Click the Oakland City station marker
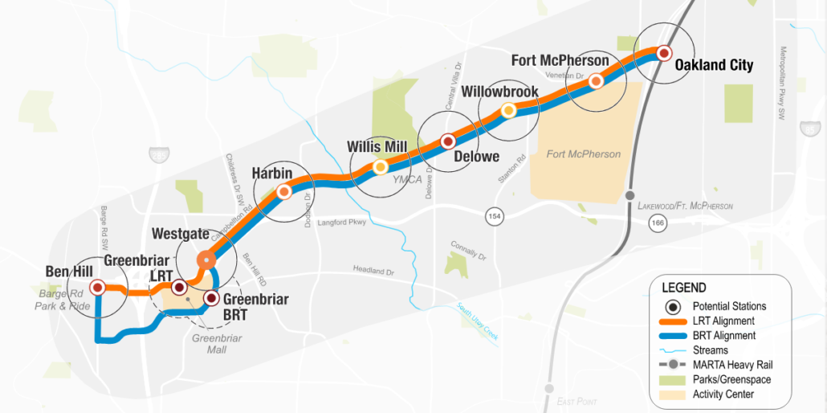[664, 53]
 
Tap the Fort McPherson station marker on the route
[596, 81]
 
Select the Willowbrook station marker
[508, 111]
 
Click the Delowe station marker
[449, 141]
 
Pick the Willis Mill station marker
[380, 167]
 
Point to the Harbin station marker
[283, 191]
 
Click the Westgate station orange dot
[206, 259]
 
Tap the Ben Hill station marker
[97, 287]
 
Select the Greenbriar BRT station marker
[211, 298]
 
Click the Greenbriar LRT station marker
[179, 287]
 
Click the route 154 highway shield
[493, 216]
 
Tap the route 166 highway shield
[658, 223]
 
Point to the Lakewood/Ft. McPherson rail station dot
[630, 195]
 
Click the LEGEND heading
[683, 288]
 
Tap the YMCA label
[407, 179]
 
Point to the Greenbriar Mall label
[216, 344]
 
